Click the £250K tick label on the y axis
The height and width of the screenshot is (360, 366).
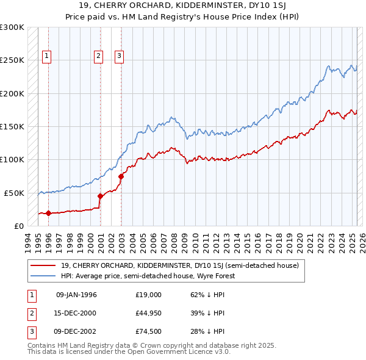point(12,60)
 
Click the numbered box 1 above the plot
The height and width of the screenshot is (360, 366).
point(47,56)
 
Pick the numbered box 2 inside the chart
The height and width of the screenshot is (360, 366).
point(98,56)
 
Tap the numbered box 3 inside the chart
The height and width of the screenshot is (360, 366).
point(119,56)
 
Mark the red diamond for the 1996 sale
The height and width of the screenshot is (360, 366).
point(48,213)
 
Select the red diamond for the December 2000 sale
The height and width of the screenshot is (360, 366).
point(101,196)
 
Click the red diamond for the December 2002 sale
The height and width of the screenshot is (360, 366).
point(121,176)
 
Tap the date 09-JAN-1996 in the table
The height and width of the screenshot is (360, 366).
point(76,294)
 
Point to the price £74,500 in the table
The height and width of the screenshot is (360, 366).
point(148,332)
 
